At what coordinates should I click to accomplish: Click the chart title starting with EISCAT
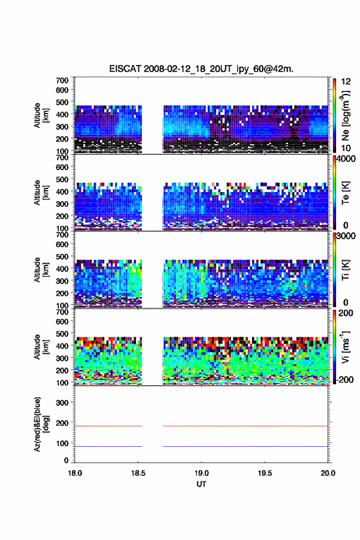point(201,69)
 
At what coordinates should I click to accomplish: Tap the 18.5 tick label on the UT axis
point(138,473)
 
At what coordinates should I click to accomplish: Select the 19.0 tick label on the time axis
point(201,473)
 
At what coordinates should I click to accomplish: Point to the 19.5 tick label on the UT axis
point(265,473)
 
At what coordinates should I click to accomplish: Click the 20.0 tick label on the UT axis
point(328,473)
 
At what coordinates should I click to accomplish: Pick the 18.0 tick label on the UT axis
point(75,473)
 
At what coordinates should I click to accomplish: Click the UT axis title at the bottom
point(201,484)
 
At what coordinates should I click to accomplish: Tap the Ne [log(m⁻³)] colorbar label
point(345,115)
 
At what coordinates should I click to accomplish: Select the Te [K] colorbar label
point(345,193)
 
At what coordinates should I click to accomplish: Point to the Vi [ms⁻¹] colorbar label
point(345,347)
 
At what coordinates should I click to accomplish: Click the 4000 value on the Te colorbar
point(346,159)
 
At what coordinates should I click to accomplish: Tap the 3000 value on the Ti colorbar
point(346,236)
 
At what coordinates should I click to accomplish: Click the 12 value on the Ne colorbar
point(347,82)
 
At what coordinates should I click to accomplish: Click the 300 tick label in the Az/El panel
point(62,403)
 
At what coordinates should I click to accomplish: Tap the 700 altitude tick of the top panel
point(62,80)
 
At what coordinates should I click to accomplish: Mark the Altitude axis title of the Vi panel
point(41,347)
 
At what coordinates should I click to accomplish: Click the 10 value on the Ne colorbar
point(347,148)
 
